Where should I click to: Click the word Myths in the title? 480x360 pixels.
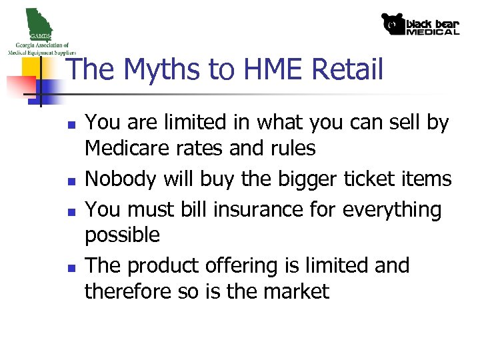point(149,69)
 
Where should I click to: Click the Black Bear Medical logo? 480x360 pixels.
point(420,24)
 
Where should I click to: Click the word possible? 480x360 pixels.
point(123,235)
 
